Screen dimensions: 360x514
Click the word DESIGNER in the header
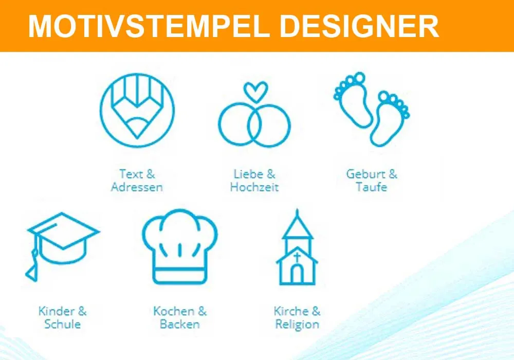click(354, 26)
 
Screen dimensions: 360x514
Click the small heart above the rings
click(255, 92)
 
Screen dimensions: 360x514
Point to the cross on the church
click(297, 256)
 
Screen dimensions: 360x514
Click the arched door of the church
click(297, 275)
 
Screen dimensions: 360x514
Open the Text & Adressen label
click(137, 180)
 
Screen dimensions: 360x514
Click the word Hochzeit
click(254, 187)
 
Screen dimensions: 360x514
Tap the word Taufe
click(371, 187)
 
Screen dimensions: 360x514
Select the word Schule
click(62, 325)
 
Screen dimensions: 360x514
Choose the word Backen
click(179, 325)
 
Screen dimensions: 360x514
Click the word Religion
click(297, 325)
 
